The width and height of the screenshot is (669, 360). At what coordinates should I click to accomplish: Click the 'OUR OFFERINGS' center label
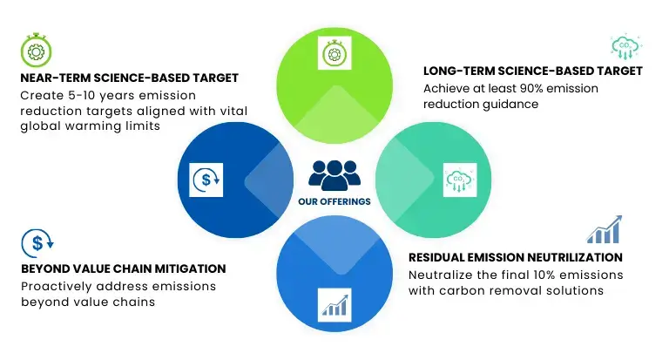334,201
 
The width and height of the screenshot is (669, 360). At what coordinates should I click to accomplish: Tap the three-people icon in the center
334,175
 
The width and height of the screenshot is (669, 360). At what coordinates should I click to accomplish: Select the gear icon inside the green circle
334,53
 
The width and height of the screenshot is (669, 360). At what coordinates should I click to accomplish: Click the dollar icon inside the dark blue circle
206,180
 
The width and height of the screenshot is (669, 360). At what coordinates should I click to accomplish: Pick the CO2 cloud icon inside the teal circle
460,180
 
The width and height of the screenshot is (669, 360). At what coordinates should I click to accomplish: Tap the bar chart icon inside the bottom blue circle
334,305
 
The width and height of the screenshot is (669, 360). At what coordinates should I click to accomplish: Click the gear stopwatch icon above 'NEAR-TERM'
37,50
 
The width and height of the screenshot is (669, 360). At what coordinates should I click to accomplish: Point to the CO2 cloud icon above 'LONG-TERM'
626,46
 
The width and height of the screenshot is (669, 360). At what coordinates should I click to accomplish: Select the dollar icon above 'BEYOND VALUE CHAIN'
37,243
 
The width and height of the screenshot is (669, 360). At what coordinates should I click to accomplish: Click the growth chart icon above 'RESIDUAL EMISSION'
605,229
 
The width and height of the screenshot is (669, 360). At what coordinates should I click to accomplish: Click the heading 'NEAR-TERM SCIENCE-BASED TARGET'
129,78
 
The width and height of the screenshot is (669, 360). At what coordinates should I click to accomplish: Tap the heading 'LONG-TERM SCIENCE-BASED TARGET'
533,71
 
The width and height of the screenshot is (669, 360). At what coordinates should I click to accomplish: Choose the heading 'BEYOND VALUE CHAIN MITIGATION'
124,268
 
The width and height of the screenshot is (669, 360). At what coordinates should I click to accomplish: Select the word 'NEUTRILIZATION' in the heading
575,257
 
